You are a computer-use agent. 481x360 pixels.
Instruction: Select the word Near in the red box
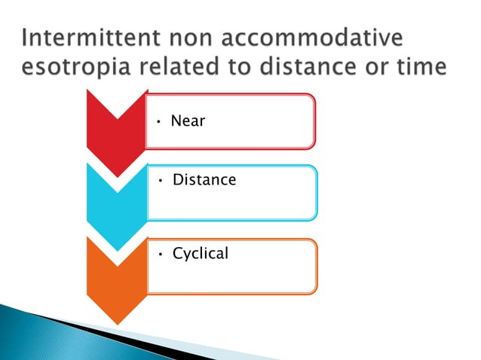coord(188,121)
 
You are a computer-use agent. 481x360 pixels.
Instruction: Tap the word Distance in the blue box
coord(204,180)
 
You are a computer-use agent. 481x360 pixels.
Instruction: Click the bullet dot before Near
coord(160,122)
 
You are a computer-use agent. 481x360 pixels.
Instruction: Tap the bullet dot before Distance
coord(161,182)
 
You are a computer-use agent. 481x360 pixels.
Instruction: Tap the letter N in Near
coord(176,121)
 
